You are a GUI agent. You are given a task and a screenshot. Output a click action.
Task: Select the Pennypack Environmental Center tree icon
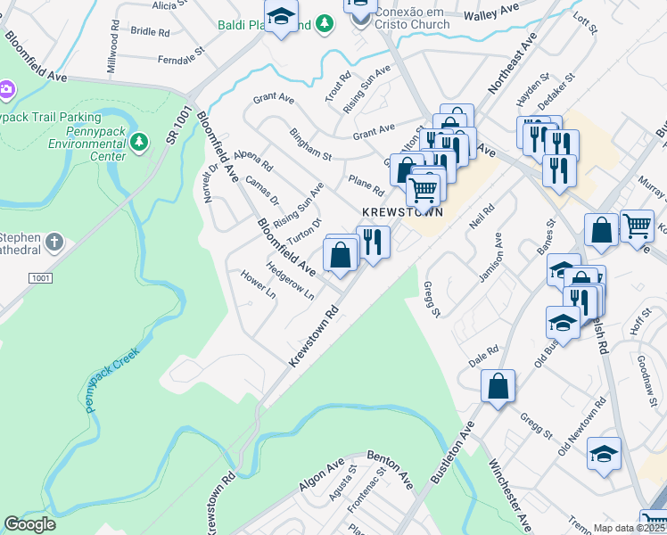pos(138,141)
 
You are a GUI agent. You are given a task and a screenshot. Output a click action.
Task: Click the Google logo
pos(30,524)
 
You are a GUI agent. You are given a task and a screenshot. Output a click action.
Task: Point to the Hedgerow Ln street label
pos(291,280)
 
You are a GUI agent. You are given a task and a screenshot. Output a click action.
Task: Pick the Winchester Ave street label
pos(509,494)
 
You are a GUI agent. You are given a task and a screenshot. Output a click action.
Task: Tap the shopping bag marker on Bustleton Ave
pos(498,386)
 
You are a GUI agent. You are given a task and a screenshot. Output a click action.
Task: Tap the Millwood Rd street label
pos(112,54)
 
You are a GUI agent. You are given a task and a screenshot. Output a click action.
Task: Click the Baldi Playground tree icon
pos(325,25)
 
